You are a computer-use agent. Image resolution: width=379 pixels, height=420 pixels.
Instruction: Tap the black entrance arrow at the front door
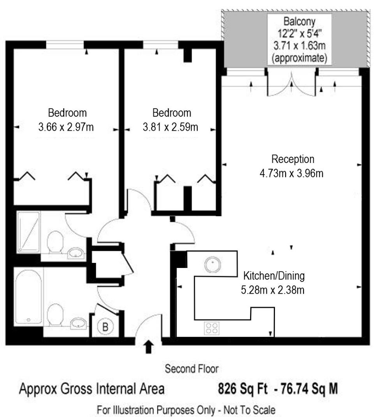[148, 346]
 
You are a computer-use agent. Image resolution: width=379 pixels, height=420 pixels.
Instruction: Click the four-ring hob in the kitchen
[212, 328]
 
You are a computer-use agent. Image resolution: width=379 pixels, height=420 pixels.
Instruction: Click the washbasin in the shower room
[76, 254]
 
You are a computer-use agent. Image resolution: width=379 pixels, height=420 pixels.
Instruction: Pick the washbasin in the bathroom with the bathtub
[79, 323]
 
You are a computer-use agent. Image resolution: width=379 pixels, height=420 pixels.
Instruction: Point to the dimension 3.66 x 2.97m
[66, 127]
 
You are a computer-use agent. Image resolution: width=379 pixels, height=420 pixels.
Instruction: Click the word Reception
[293, 159]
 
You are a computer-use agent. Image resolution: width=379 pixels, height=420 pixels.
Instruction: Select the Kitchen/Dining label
[274, 276]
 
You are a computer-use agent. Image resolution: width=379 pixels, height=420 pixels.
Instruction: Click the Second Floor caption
[191, 368]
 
